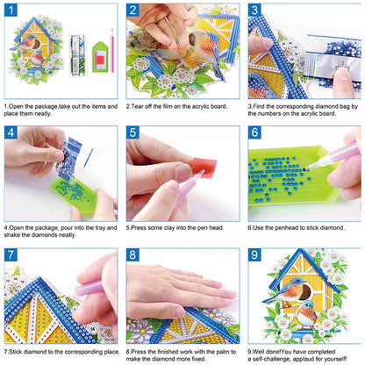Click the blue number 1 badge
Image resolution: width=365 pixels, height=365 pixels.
tap(11, 11)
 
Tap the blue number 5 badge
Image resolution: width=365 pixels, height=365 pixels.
tap(132, 133)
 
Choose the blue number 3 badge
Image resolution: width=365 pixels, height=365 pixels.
tap(254, 11)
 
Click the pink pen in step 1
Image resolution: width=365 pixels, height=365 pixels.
tap(112, 51)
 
